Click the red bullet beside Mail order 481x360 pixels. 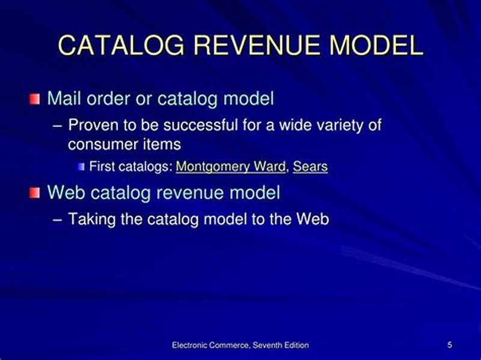(36, 98)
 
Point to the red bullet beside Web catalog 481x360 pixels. (36, 192)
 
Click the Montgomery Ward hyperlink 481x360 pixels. (230, 166)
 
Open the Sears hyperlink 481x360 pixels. (310, 166)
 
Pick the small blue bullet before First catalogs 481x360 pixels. (81, 166)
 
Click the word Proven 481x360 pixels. (94, 126)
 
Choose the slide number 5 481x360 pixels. (450, 345)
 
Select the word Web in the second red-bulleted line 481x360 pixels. (64, 192)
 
